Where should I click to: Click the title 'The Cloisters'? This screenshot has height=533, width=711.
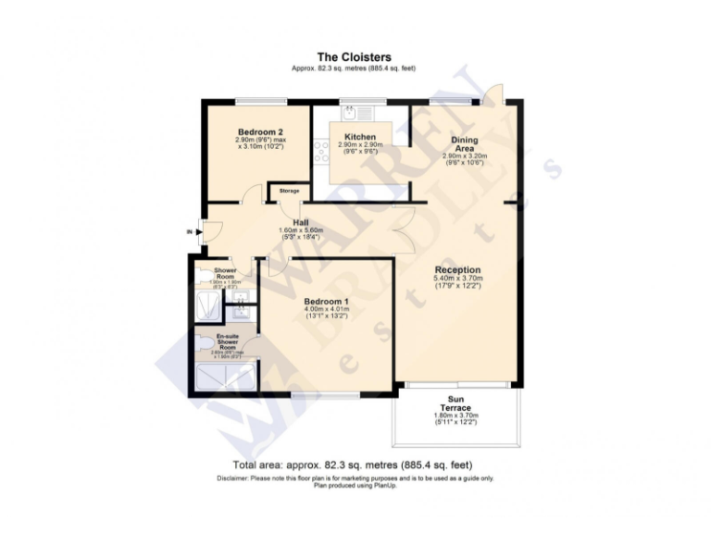click(355, 57)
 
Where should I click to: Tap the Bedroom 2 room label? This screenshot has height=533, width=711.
click(260, 132)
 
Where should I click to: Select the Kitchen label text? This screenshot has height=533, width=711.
click(359, 137)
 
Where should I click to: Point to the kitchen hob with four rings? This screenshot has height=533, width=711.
click(322, 151)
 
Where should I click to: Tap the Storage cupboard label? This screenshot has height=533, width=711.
click(289, 191)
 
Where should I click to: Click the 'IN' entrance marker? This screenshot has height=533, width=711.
click(189, 231)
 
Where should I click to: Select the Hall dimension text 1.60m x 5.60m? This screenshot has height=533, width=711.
click(300, 230)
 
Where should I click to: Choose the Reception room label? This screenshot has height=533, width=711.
click(457, 269)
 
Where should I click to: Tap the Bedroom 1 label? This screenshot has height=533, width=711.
click(326, 301)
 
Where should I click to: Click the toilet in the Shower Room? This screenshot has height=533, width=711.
click(203, 274)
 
